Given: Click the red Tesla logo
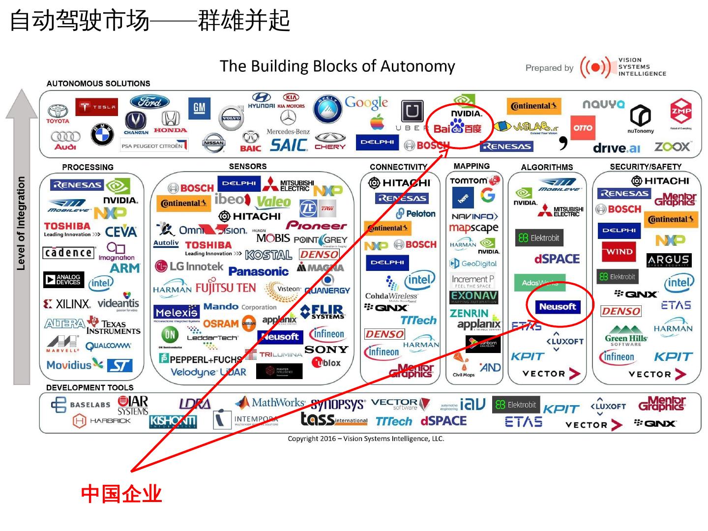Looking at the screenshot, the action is click(x=96, y=107).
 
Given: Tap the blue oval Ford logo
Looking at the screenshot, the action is click(x=149, y=102).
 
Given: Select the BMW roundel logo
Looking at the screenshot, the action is click(x=102, y=134).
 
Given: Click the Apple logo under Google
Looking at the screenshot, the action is click(x=377, y=121).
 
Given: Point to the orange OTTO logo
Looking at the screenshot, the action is click(x=583, y=128).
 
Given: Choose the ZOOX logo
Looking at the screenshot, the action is click(x=672, y=147).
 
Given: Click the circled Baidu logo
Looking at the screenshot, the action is click(x=457, y=128).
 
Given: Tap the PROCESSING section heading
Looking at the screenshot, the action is click(x=88, y=167).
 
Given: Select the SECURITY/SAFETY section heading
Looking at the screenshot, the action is click(x=645, y=167).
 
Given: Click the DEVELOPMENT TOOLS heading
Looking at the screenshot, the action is click(x=89, y=387).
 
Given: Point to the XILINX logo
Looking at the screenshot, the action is click(x=67, y=304).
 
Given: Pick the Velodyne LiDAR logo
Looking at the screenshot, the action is click(x=208, y=372).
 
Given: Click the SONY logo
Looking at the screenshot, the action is click(x=326, y=350).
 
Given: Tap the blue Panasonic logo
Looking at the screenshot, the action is click(x=258, y=271).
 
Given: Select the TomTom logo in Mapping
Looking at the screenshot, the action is click(x=474, y=180).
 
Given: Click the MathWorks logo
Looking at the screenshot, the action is click(x=270, y=403).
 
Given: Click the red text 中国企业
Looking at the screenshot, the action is click(x=121, y=494).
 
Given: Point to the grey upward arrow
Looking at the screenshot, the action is click(x=22, y=236).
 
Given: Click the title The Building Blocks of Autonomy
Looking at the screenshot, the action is click(x=337, y=66).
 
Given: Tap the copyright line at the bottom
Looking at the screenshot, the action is click(x=366, y=439).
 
